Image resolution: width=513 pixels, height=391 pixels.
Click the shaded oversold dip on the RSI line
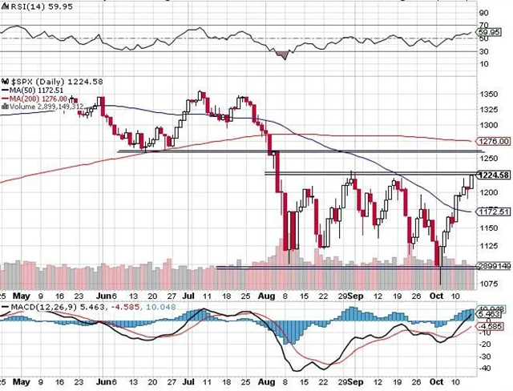point(281,54)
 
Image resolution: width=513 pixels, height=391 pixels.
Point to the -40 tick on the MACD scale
point(487,368)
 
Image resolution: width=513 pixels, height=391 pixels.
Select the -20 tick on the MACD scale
point(487,344)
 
